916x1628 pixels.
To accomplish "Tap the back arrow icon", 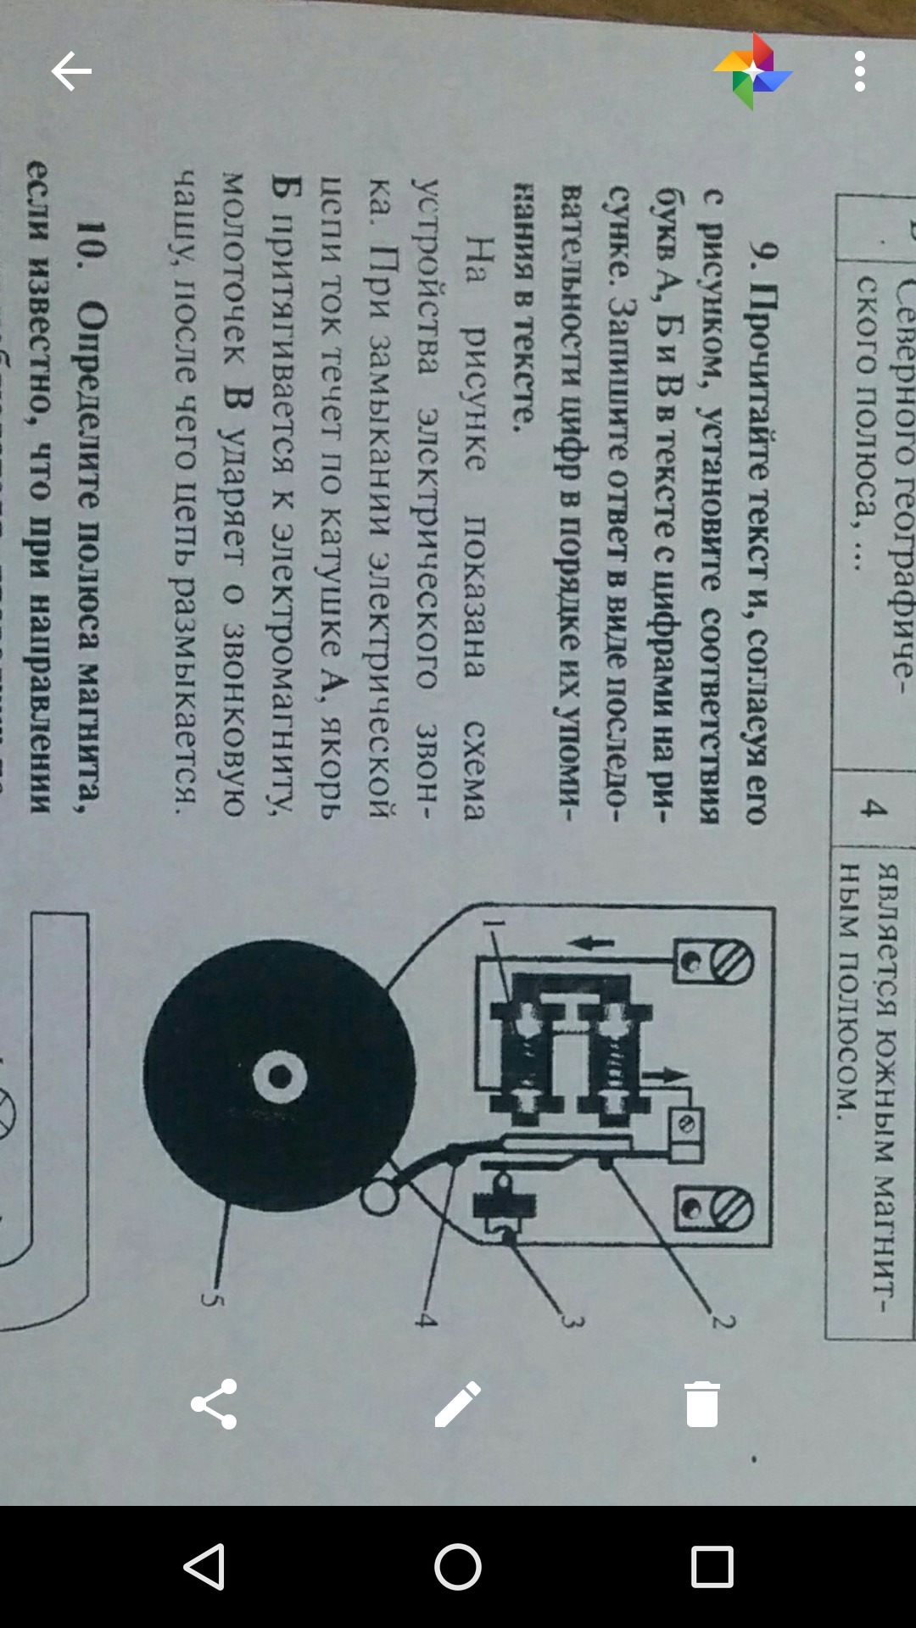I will coord(71,71).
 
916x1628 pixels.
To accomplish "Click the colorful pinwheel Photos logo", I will coord(752,72).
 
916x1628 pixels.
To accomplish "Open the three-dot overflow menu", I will coord(860,71).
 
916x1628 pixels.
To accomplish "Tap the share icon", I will coord(214,1404).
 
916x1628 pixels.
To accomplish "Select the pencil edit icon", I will coord(458,1404).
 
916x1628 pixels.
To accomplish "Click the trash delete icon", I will coord(702,1404).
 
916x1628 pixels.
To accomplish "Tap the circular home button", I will coord(458,1567).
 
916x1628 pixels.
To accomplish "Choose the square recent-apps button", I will coord(712,1567).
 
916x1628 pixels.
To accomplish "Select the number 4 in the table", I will coord(871,808).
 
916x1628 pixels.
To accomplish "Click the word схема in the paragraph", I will coord(473,770).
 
